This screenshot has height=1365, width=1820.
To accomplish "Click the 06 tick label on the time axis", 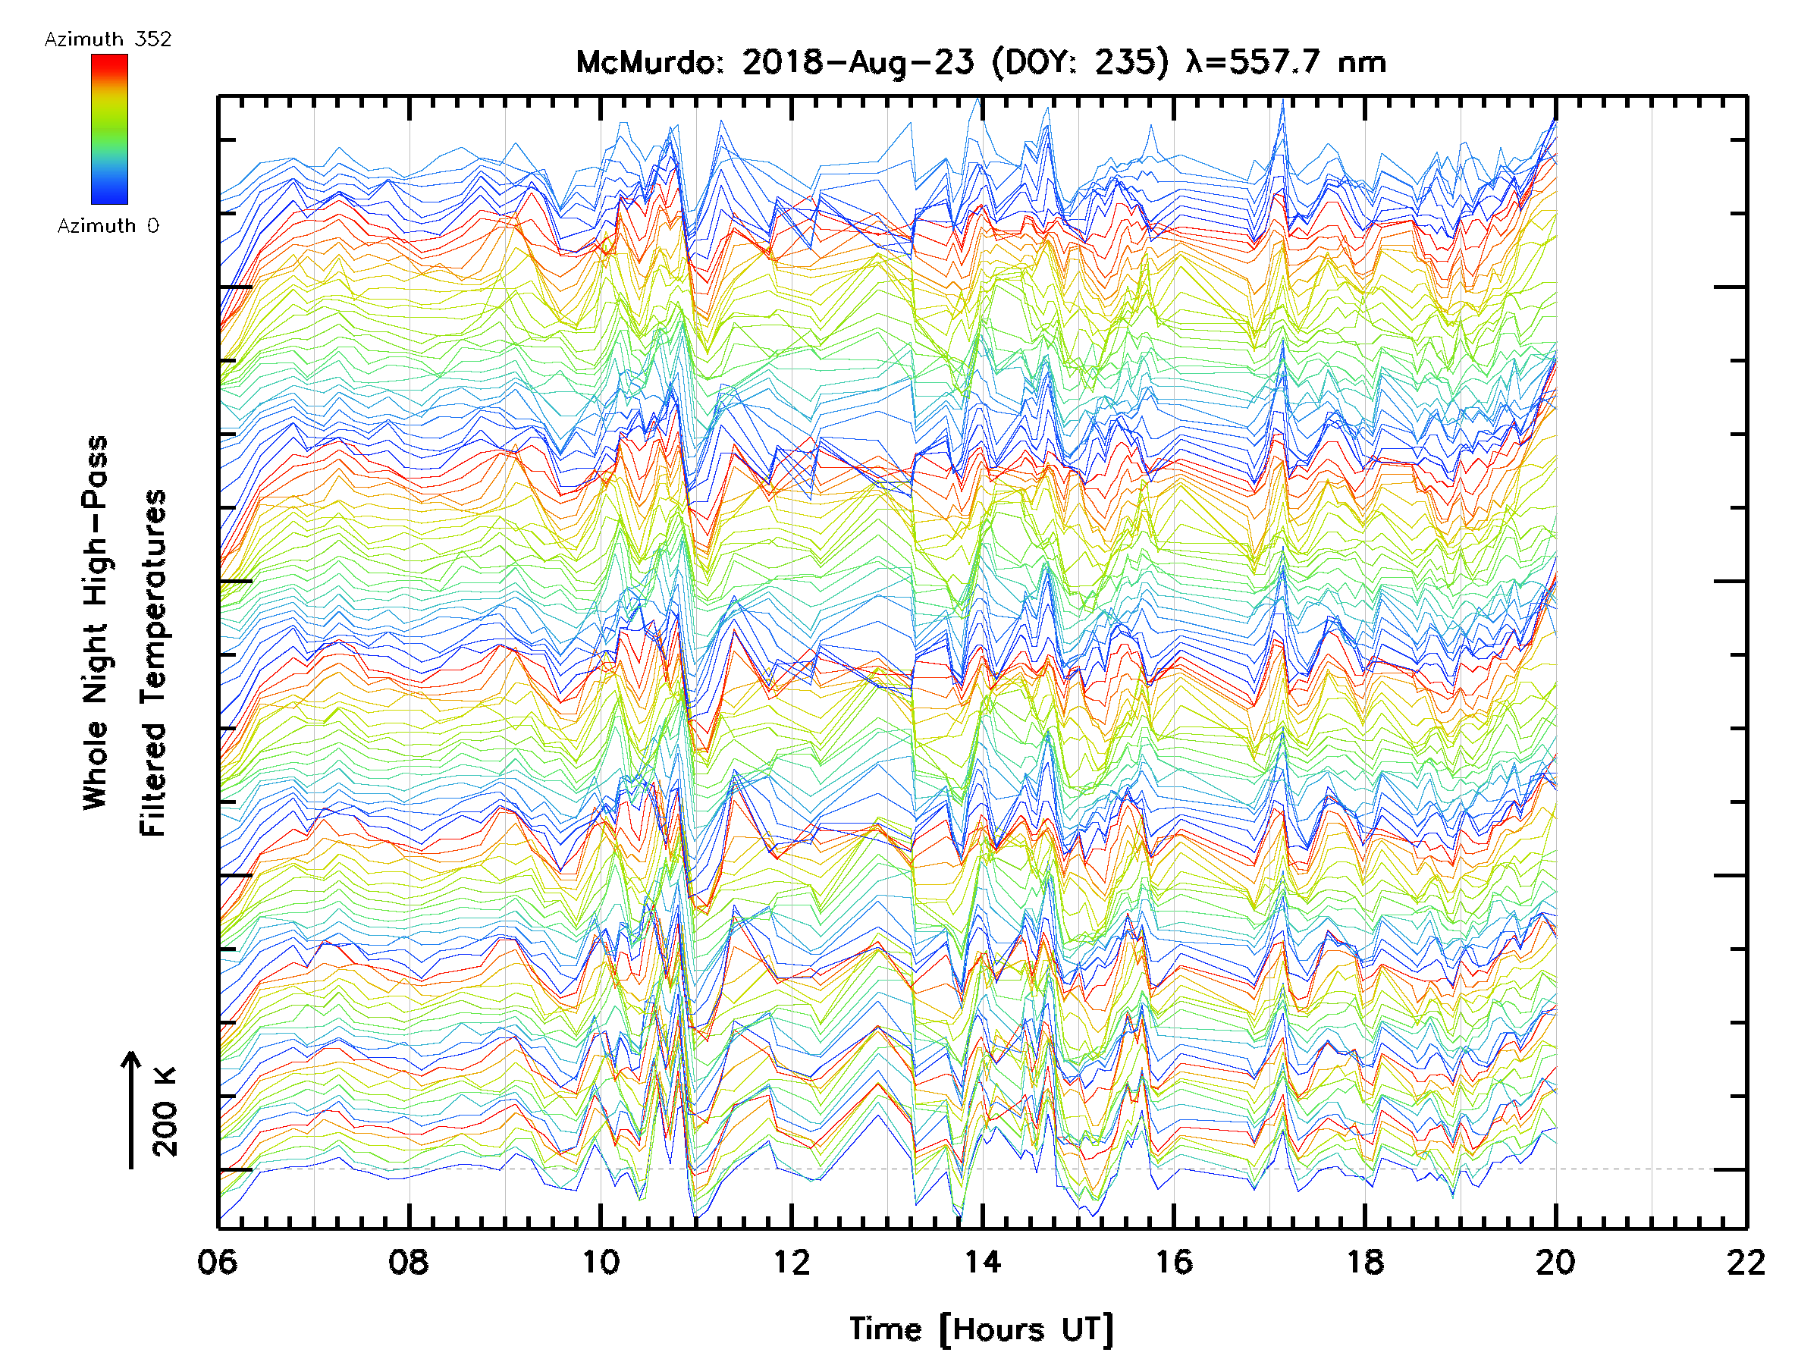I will [x=217, y=1261].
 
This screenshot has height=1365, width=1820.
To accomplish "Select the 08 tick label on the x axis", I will [x=408, y=1261].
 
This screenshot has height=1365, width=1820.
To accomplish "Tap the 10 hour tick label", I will [x=601, y=1261].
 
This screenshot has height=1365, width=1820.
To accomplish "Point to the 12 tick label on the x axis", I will [x=792, y=1261].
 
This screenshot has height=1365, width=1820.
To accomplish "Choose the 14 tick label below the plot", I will [x=982, y=1261].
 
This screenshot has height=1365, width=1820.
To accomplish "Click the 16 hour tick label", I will [x=1173, y=1261].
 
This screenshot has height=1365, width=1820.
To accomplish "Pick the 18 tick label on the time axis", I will [x=1365, y=1261].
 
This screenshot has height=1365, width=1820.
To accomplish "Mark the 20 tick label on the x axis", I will [x=1555, y=1261].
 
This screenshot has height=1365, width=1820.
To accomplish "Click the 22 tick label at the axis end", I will [x=1746, y=1261].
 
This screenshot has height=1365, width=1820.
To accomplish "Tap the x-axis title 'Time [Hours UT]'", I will [x=981, y=1329].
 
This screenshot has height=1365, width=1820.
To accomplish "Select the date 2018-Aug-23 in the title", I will [x=858, y=62].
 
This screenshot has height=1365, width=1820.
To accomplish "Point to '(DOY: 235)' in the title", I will [x=1080, y=62].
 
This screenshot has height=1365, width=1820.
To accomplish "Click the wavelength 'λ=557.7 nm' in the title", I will [x=1286, y=62].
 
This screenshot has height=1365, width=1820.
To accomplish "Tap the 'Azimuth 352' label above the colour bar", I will [x=108, y=39].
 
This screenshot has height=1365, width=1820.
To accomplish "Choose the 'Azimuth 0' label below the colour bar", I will [x=108, y=225].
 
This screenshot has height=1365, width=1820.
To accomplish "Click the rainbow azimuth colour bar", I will [x=109, y=129].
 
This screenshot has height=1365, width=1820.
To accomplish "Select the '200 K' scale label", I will [x=165, y=1112].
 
